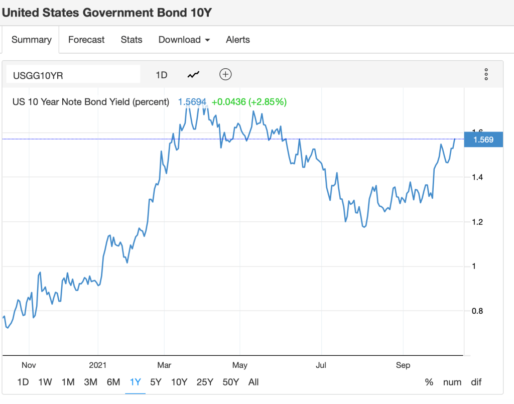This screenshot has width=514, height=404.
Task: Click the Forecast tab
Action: [86, 40]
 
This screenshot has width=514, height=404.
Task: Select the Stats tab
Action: [132, 40]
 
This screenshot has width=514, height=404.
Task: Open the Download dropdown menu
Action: [184, 40]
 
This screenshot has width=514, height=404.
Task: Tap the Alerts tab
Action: [238, 40]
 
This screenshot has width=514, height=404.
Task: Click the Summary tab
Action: [32, 40]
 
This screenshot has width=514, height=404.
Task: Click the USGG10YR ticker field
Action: [73, 75]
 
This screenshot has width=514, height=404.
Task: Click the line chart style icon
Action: [193, 75]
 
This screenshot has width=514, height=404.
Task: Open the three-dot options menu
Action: [486, 75]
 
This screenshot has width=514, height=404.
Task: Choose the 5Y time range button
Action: [156, 382]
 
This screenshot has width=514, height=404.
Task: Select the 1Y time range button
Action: [135, 382]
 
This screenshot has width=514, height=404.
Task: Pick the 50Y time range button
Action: [230, 382]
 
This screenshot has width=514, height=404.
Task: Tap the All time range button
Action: [253, 382]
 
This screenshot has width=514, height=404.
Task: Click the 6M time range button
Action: [113, 382]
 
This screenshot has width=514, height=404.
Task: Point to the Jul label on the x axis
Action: [321, 365]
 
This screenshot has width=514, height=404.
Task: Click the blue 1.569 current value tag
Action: [483, 140]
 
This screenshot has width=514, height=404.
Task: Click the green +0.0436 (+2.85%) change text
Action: [248, 102]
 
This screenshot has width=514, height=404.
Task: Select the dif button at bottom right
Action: [476, 382]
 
